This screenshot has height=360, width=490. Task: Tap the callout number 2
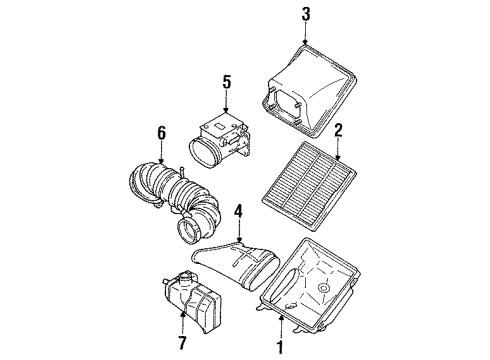tap(339, 129)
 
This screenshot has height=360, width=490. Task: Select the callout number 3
tap(307, 14)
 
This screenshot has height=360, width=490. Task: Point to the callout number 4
tap(239, 211)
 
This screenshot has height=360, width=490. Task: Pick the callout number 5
tap(226, 82)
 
